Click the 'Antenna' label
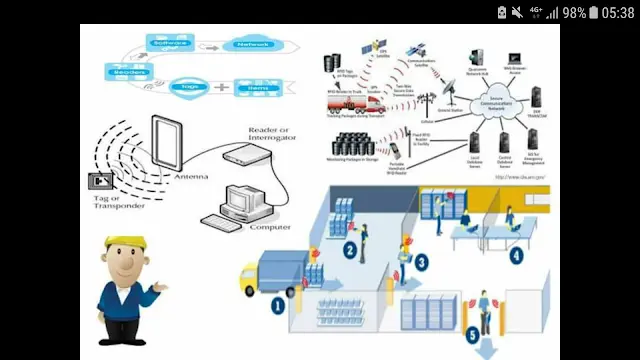pos(190,177)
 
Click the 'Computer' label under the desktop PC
pos(270,227)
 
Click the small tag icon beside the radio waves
pos(101,181)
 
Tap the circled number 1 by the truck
pos(278,305)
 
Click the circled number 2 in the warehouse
pos(350,251)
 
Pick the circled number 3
pos(422,262)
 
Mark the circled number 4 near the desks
pos(515,255)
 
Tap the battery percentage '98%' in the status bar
pos(574,12)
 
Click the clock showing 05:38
pos(617,12)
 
